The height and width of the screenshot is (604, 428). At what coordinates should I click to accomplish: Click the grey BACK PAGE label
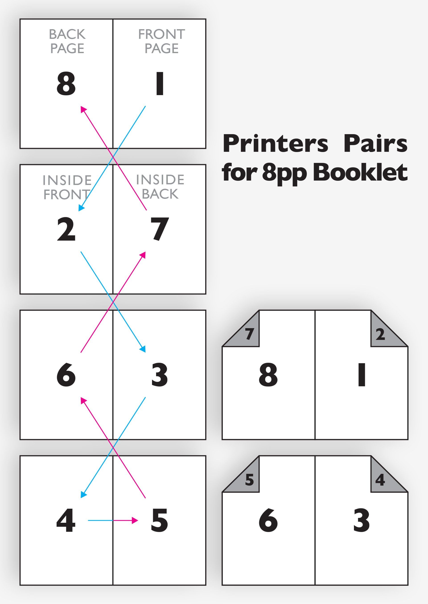pos(67,42)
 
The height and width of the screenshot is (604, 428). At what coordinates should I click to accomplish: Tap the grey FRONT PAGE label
pos(162,42)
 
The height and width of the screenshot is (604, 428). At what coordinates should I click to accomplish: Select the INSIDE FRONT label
pos(67,187)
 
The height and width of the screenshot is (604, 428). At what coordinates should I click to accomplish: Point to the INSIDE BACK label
pos(160,187)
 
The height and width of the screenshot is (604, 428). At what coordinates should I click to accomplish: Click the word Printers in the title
pos(275,144)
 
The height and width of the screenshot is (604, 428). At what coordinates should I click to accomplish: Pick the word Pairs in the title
pos(376,144)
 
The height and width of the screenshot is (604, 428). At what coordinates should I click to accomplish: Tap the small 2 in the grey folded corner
pos(380,334)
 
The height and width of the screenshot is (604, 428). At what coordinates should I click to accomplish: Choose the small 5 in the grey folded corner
pos(249,480)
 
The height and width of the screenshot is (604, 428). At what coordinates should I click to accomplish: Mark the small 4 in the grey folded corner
pos(380,480)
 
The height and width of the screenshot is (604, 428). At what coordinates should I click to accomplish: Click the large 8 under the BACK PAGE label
pos(66,84)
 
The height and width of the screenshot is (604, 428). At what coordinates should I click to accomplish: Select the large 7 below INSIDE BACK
pos(159,229)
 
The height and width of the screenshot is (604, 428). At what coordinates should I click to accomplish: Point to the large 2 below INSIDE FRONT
pos(66,229)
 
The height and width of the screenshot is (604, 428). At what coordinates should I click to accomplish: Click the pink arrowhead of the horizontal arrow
pos(135,520)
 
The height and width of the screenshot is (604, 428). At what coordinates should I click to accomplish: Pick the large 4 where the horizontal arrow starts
pos(66,520)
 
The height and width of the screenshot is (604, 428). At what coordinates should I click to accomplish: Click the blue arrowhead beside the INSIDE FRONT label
pos(81,208)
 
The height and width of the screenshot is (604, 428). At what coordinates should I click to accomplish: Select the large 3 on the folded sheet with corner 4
pos(362,520)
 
